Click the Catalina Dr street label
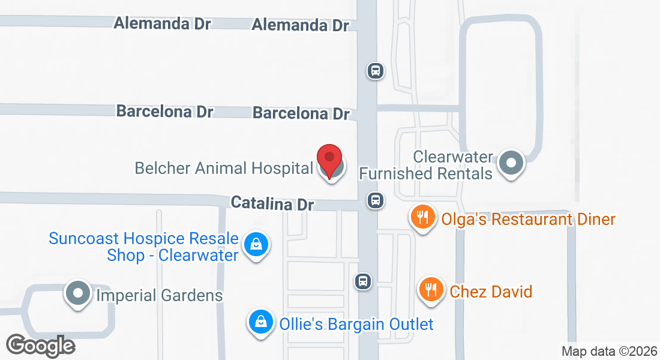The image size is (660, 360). click(x=272, y=203)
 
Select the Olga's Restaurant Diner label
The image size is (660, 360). click(x=528, y=219)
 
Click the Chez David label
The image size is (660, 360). click(x=491, y=292)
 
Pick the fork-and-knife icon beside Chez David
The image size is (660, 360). click(x=431, y=290)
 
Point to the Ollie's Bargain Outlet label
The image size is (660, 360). click(x=356, y=325)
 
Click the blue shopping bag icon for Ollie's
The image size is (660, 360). click(x=261, y=322)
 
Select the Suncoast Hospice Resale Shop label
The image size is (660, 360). click(x=144, y=247)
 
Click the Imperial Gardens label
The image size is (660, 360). click(x=160, y=295)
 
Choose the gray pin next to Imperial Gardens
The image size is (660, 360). click(x=78, y=293)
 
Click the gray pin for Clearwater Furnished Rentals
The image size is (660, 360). click(x=512, y=162)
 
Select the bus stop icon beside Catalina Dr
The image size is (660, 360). click(x=376, y=200)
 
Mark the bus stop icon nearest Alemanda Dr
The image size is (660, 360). click(x=376, y=71)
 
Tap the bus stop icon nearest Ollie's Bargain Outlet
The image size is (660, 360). click(x=363, y=281)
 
